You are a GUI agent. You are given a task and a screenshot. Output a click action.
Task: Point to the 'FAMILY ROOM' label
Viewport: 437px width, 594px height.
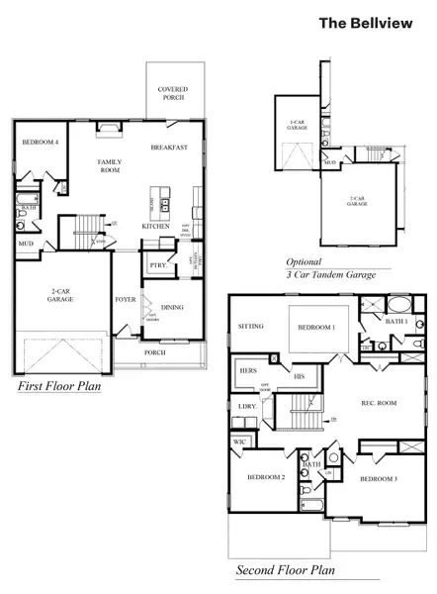point(108,164)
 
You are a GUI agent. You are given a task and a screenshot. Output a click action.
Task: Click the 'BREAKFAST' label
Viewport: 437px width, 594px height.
point(169,147)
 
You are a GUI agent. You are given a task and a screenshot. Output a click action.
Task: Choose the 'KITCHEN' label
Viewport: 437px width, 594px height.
point(155,226)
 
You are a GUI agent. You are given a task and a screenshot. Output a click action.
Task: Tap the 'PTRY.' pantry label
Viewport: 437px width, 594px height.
point(156,264)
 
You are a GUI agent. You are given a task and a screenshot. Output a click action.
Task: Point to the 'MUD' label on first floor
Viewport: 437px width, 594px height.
point(25,242)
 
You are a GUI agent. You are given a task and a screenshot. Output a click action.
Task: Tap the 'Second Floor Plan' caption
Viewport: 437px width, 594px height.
point(286,570)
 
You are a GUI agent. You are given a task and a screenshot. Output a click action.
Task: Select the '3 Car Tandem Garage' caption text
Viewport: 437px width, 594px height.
point(331,274)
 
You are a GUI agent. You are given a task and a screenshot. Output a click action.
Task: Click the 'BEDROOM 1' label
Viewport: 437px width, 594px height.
point(318,327)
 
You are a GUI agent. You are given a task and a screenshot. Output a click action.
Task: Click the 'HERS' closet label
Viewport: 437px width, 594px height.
point(248,369)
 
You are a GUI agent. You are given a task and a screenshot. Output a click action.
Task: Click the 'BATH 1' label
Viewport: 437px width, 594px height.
point(395,322)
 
